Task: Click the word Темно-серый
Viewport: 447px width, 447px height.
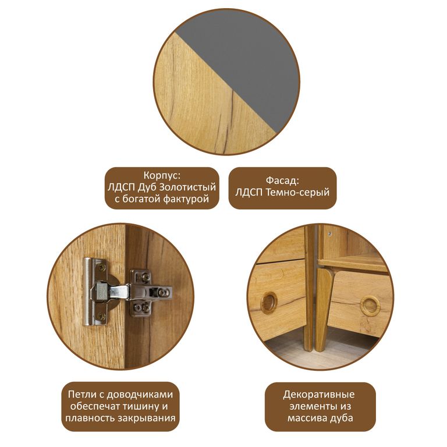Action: point(297,193)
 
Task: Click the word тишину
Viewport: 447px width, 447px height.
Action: point(140,406)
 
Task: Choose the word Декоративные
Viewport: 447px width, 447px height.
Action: point(319,395)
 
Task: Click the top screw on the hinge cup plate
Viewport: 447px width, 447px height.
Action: point(102,268)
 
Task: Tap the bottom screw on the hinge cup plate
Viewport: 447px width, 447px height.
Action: point(102,315)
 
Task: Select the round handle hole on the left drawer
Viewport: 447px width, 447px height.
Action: point(269,302)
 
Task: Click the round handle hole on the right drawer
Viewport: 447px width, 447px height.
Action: point(370,306)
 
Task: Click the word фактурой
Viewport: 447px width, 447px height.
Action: point(186,199)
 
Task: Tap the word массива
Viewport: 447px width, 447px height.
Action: point(307,418)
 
